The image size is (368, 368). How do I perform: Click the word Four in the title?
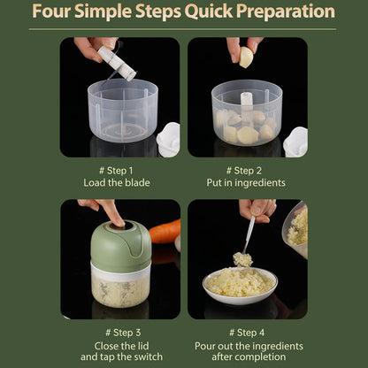tap(56, 12)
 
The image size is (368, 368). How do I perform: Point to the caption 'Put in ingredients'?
tap(248, 182)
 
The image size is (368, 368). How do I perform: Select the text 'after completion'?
tap(248, 357)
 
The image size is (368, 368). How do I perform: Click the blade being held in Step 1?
tap(117, 63)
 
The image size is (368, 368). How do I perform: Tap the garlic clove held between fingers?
tap(245, 57)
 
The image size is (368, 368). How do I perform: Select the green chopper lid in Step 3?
tap(120, 243)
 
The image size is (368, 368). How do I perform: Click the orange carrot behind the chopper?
tap(165, 231)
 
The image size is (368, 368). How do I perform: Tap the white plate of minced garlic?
tap(239, 284)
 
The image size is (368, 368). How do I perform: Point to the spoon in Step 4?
tap(250, 237)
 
